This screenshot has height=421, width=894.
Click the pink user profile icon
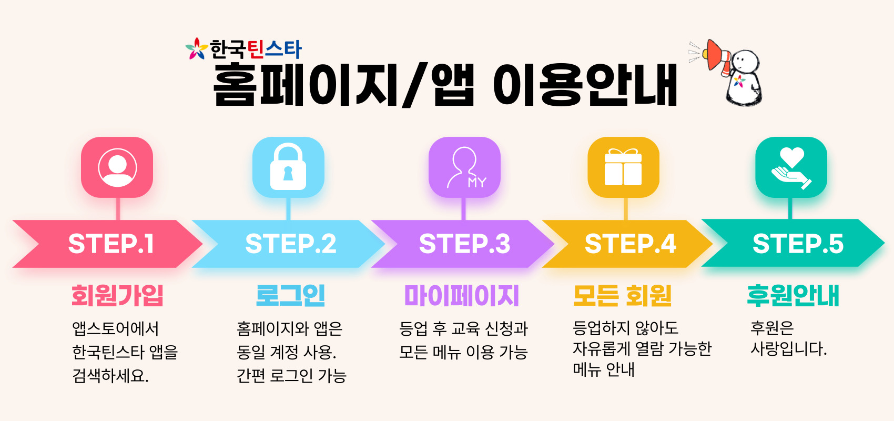117,167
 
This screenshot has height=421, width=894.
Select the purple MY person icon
464,167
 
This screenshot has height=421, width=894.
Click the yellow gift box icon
623,167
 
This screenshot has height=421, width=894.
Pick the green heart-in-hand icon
791,167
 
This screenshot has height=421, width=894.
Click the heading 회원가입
117,296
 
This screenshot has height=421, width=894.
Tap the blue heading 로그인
290,296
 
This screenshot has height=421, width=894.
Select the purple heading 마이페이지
462,296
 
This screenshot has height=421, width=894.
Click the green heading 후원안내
793,296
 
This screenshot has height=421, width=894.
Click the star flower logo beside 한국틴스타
197,49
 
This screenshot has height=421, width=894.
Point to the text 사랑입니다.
789,349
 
